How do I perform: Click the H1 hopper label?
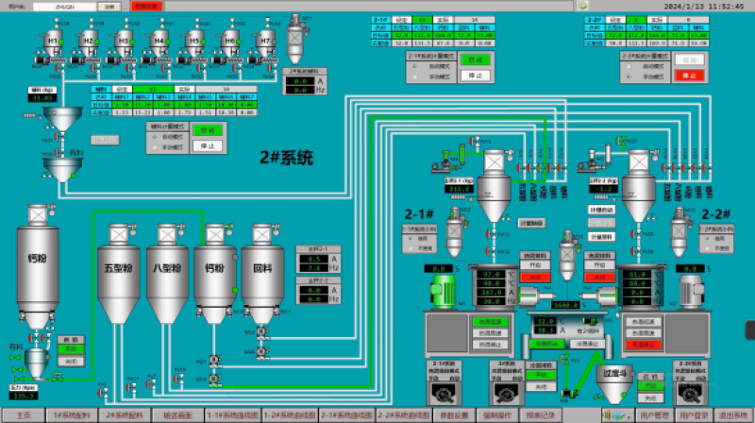click(53, 41)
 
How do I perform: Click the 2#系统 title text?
click(286, 158)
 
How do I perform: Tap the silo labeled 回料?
click(263, 267)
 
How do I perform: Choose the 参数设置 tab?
click(456, 415)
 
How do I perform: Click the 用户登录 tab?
click(694, 415)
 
